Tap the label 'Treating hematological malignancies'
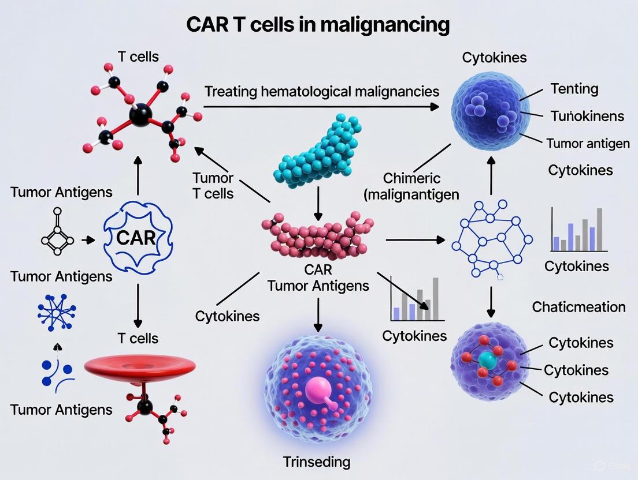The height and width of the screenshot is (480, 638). coord(322,91)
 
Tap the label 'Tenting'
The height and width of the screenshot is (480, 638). coord(574,89)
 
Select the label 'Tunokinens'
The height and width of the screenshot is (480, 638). coord(587,116)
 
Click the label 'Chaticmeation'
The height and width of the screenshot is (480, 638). coord(578,306)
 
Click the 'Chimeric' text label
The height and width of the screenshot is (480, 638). coord(412,178)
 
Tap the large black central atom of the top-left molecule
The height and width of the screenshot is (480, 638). coord(139,115)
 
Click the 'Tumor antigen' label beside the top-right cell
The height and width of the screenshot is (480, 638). coord(588,143)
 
